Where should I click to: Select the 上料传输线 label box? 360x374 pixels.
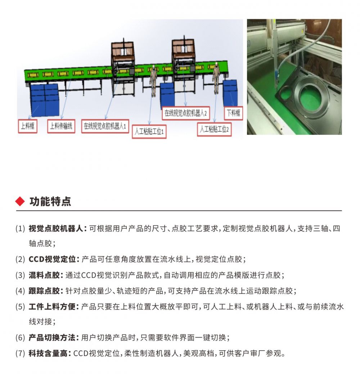(61, 126)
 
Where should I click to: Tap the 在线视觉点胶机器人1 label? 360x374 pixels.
(105, 126)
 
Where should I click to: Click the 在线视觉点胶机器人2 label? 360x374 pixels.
(186, 113)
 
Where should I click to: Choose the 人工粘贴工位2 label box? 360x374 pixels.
(215, 129)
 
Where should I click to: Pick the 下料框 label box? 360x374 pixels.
(234, 114)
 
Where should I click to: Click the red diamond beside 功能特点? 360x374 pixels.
(20, 201)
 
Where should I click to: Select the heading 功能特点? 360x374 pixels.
(50, 202)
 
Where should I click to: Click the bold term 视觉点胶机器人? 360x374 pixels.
(56, 229)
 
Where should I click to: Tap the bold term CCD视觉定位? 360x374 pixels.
(53, 259)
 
